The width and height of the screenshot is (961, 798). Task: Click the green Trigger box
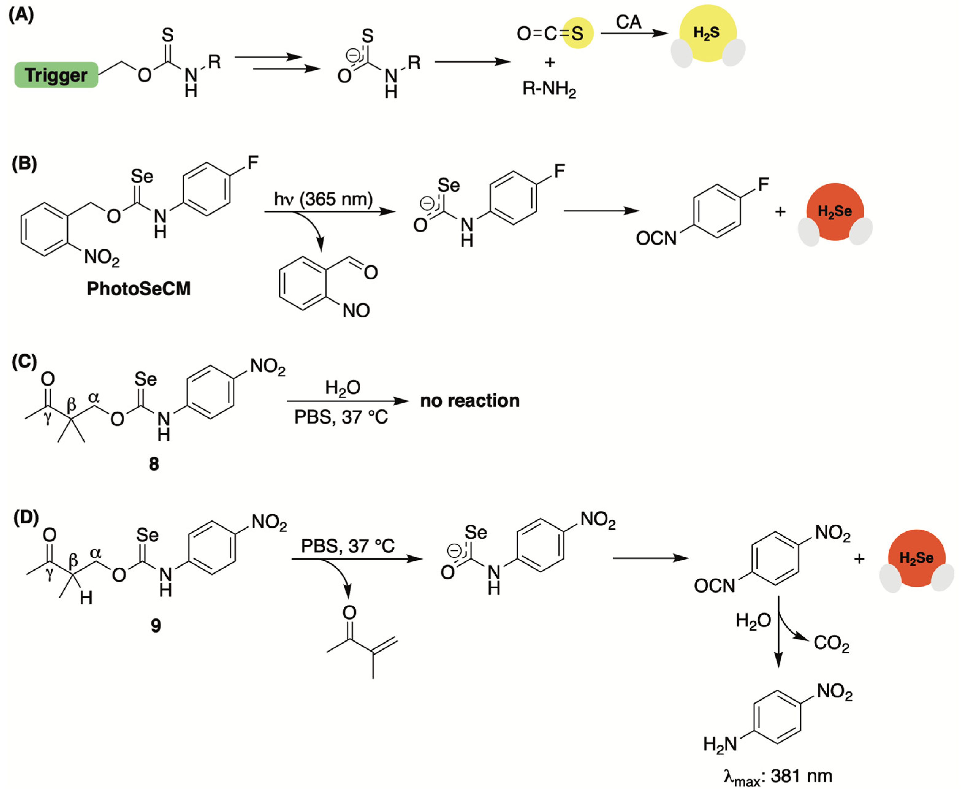(x=56, y=75)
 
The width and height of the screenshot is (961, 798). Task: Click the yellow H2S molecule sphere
(x=708, y=33)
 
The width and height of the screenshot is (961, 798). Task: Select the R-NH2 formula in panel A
(x=549, y=88)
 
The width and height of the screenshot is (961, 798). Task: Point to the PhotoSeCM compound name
(x=139, y=289)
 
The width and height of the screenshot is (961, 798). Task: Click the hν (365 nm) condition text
(x=323, y=199)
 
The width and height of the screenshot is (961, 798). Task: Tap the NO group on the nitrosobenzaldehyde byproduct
(x=356, y=311)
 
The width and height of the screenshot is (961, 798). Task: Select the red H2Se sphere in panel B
(x=835, y=211)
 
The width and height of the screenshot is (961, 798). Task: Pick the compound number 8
(x=154, y=464)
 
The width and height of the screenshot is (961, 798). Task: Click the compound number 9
(x=156, y=625)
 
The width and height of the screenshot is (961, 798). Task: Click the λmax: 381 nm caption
(x=778, y=777)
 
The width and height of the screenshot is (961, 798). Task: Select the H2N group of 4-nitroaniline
(x=720, y=744)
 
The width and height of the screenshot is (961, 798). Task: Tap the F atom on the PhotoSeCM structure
(x=253, y=162)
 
